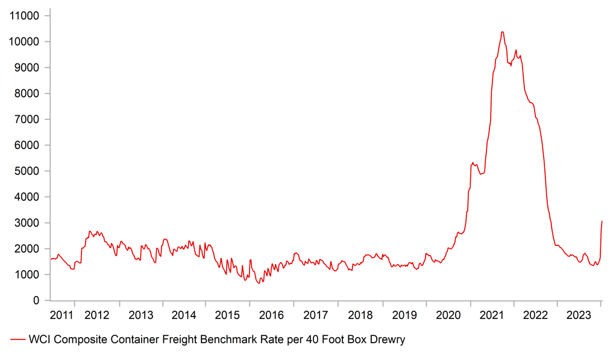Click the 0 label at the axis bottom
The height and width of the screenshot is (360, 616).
36,300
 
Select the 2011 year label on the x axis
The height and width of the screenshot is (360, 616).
61,315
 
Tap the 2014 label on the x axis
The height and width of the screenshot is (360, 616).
184,315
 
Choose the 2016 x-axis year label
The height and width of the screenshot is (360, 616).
271,315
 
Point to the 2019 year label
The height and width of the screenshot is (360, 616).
404,315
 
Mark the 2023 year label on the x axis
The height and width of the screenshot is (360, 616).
580,315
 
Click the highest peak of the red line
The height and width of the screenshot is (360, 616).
502,32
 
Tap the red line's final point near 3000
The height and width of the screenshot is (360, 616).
602,221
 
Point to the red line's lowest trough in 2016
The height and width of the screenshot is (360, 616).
259,283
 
